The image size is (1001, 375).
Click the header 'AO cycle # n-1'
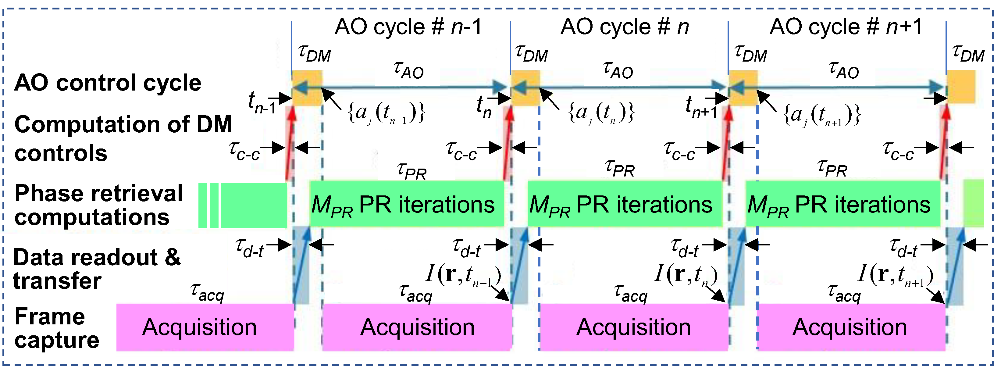point(408,27)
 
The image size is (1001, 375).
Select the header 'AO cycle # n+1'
point(846,27)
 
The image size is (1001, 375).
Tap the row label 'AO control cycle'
point(108,83)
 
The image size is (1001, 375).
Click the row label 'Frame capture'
point(57,328)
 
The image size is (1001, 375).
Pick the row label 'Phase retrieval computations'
point(98,205)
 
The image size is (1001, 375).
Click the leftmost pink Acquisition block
point(205,327)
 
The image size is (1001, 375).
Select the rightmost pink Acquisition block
point(851,327)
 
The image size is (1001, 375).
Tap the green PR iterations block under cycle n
point(625,204)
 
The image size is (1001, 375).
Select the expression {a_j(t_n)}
point(601,113)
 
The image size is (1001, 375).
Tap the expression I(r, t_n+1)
point(895,275)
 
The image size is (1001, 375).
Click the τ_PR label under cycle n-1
point(411,171)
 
